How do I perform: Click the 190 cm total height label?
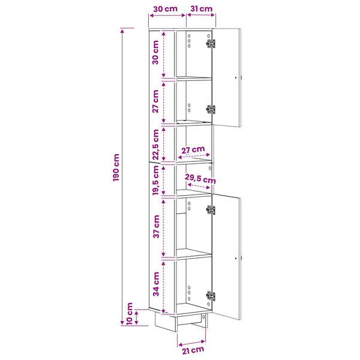116,167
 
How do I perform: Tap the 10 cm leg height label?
130,314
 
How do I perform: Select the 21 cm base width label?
193,350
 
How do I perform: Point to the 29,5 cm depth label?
200,179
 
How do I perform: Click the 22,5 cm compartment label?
155,145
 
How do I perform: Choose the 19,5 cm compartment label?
155,180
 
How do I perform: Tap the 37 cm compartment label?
156,226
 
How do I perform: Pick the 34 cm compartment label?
156,284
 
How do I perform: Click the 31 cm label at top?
202,9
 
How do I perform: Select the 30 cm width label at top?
166,9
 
